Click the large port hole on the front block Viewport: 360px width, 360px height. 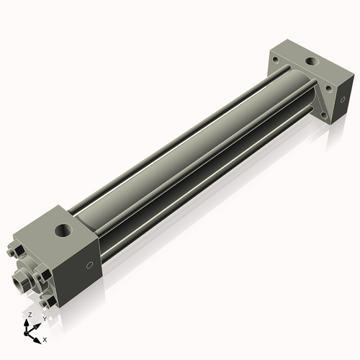[x=63, y=230]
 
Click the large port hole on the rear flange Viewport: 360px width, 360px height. [x=314, y=62]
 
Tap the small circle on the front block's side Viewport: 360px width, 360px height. [x=89, y=265]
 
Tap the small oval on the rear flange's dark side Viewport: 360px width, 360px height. [x=343, y=99]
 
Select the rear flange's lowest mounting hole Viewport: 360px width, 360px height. [x=324, y=116]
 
